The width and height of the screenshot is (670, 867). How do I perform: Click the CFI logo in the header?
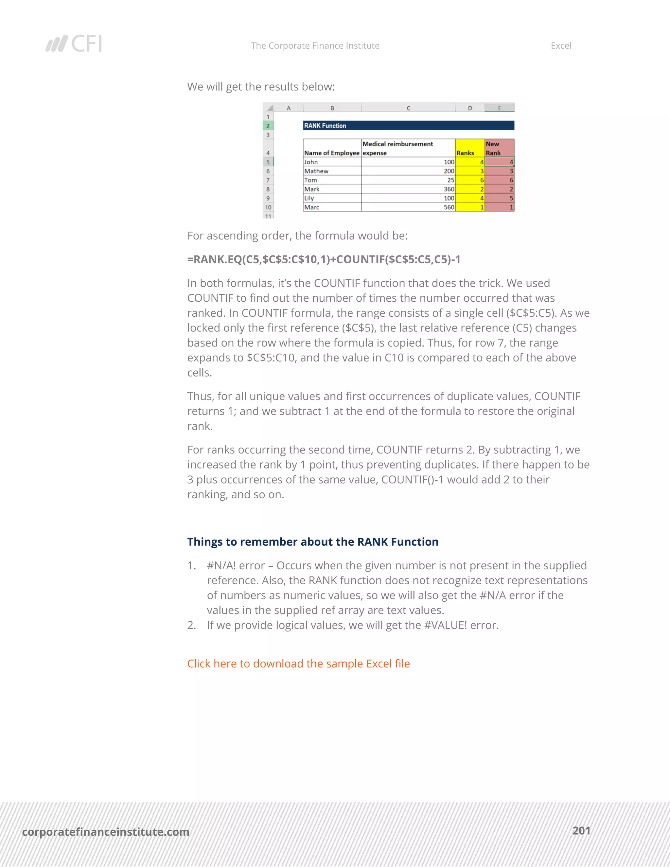[x=74, y=43]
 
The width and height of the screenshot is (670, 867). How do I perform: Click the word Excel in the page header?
[x=560, y=46]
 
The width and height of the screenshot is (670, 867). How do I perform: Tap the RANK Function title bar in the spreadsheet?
[x=408, y=125]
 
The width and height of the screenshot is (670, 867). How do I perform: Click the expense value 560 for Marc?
[x=449, y=207]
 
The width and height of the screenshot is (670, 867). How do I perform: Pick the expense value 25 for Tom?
[x=450, y=180]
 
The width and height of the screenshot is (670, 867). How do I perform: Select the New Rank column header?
[x=499, y=148]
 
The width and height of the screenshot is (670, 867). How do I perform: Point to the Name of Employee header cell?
[x=332, y=152]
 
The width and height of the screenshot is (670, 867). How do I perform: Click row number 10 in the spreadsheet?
[x=268, y=207]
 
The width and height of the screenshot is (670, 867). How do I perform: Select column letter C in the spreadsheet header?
[x=408, y=108]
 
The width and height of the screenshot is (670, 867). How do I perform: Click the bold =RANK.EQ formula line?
[x=324, y=259]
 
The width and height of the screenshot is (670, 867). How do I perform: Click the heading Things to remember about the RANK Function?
[x=312, y=542]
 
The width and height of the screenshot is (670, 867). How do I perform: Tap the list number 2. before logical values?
[x=192, y=625]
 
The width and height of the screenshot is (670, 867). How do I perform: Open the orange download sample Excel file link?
[x=298, y=664]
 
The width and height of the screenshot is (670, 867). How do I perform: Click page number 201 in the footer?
[x=581, y=831]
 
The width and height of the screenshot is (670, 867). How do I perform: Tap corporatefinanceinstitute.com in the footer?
[x=106, y=832]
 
